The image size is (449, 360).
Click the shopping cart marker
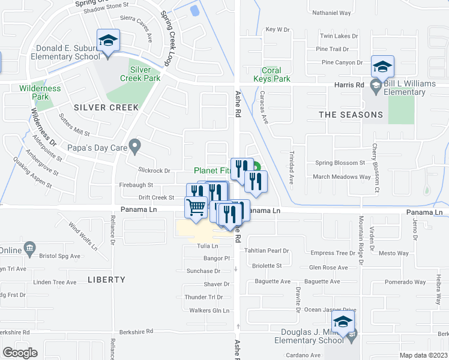196,208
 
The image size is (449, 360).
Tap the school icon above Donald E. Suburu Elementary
108,41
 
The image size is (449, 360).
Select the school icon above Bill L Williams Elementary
382,66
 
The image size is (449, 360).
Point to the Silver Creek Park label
140,74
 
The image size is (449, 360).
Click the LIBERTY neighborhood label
106,280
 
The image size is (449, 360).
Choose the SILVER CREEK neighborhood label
106,107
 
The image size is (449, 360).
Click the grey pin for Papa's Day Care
136,145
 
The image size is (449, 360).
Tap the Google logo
19,353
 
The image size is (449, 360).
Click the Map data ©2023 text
424,355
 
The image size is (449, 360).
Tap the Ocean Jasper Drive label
330,310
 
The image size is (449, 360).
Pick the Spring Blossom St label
340,163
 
